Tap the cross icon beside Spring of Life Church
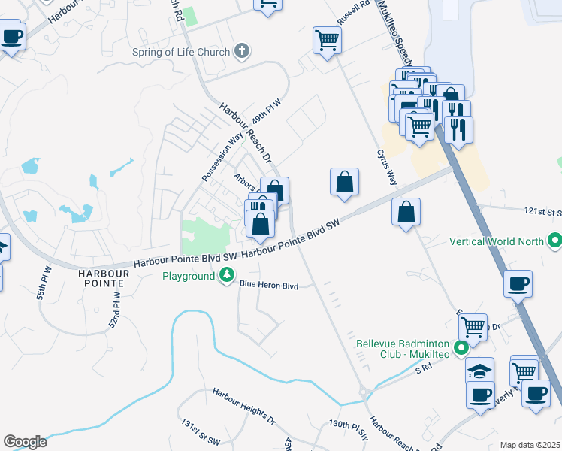[x=241, y=51]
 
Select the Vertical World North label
[x=497, y=241]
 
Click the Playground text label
[x=189, y=276]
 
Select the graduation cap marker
[x=479, y=370]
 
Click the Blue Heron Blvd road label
[x=269, y=286]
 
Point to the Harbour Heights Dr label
[x=244, y=404]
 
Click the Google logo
[x=25, y=442]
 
